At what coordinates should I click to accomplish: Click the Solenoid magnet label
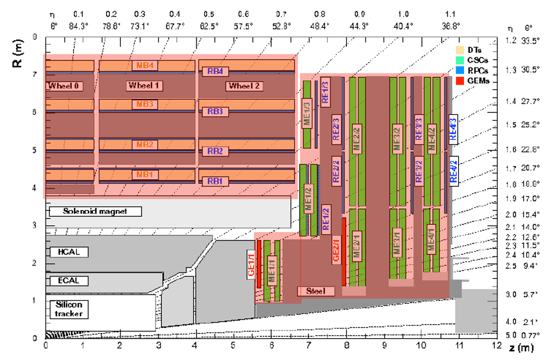96,211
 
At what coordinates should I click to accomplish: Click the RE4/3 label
453,128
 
